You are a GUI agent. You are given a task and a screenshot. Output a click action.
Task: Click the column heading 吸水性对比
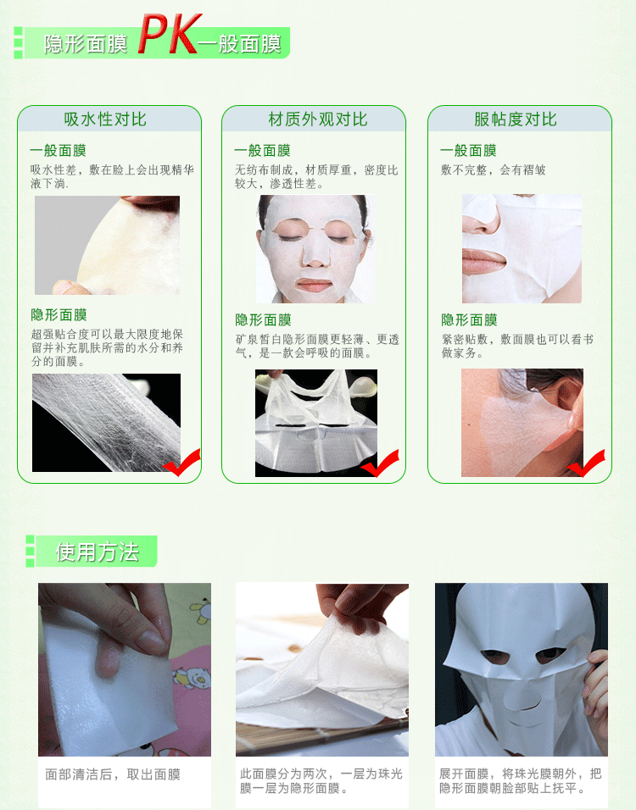[x=105, y=119]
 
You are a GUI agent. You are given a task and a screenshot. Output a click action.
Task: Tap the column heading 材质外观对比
[x=318, y=119]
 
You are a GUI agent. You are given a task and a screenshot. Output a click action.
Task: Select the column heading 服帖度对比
[x=516, y=119]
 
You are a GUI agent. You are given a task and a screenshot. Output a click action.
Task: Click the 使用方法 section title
[x=98, y=552]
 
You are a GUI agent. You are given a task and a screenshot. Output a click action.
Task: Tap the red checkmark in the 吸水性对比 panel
[x=182, y=463]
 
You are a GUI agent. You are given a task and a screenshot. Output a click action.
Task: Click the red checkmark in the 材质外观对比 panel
[x=381, y=463]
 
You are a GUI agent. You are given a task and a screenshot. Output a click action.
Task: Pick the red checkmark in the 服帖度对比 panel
[x=586, y=463]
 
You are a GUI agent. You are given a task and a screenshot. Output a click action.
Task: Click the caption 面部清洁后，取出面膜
[x=113, y=774]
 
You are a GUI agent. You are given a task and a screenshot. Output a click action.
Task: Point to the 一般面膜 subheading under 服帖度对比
[x=468, y=150]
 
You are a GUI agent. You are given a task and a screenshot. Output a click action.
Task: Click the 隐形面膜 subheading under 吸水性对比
[x=59, y=314]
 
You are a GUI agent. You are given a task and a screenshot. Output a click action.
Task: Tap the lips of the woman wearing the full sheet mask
[x=315, y=285]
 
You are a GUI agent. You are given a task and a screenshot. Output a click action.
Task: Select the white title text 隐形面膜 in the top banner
[x=86, y=44]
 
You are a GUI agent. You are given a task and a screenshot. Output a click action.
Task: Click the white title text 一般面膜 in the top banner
[x=239, y=44]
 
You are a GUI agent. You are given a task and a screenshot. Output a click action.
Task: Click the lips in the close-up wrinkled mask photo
[x=483, y=260]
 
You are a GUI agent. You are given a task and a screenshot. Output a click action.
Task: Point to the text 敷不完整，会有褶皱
[x=493, y=170]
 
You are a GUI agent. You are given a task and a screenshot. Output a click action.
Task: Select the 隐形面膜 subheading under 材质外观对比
[x=263, y=319]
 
